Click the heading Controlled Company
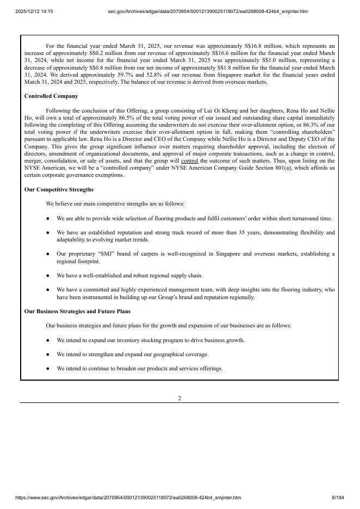pyautogui.click(x=51, y=96)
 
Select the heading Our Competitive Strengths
pyautogui.click(x=59, y=190)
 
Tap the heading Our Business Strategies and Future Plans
pyautogui.click(x=77, y=312)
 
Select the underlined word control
pyautogui.click(x=189, y=161)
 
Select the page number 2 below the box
pyautogui.click(x=179, y=398)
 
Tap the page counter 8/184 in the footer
pyautogui.click(x=338, y=498)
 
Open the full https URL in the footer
pyautogui.click(x=128, y=498)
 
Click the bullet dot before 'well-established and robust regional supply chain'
pyautogui.click(x=48, y=276)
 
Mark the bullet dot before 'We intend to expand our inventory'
pyautogui.click(x=48, y=340)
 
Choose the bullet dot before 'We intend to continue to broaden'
pyautogui.click(x=48, y=369)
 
